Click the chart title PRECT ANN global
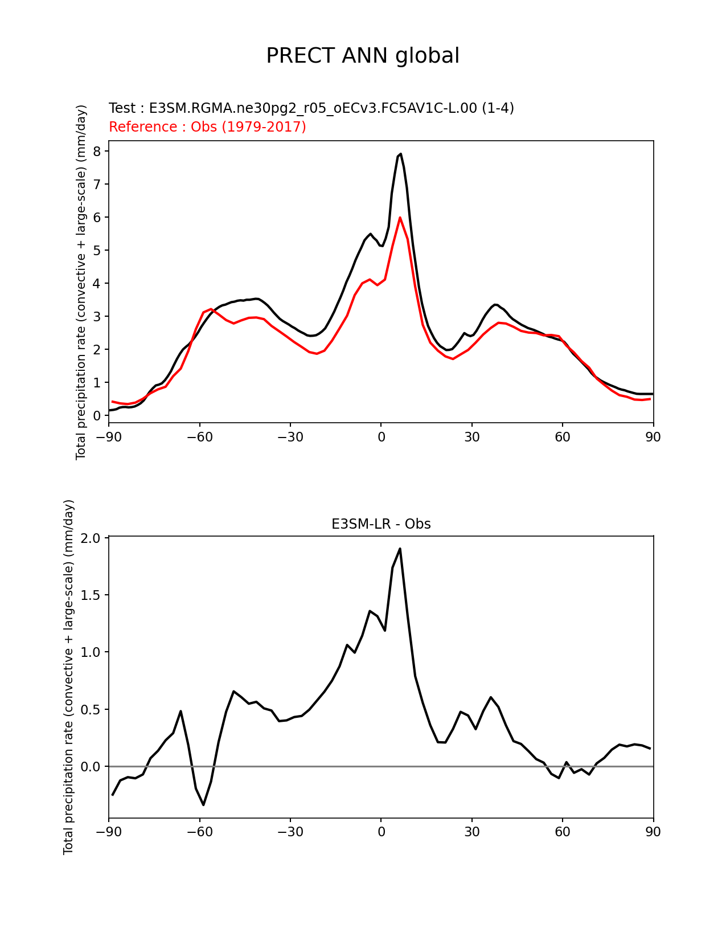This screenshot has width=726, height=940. pos(363,56)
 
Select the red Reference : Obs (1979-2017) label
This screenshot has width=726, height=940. pos(207,126)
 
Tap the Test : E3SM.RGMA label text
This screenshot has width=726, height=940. pos(311,108)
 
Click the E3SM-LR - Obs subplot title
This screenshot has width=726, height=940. pos(381,524)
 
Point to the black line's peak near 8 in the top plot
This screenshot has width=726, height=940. pos(401,154)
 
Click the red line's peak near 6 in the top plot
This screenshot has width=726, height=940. pos(400,217)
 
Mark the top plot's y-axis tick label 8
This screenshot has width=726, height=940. pos(97,151)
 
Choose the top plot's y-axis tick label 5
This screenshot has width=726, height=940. pos(97,250)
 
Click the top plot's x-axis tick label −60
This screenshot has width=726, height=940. pos(199,437)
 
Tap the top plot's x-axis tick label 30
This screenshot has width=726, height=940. pos(471,437)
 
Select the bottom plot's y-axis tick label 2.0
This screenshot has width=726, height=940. pos(91,538)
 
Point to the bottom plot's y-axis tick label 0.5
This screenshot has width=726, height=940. pos(91,709)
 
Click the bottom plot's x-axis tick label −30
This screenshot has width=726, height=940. pos(290,832)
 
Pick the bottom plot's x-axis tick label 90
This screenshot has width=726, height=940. pos(653,832)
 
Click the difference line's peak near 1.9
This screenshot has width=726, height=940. pos(400,549)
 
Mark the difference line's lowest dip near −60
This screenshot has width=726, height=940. pos(203,804)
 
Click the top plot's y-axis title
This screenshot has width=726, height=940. pos(81,282)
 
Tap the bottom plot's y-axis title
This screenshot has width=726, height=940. pos(68,677)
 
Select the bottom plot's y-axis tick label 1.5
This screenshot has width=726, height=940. pos(91,595)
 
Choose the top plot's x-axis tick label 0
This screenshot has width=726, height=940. pos(381,437)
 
